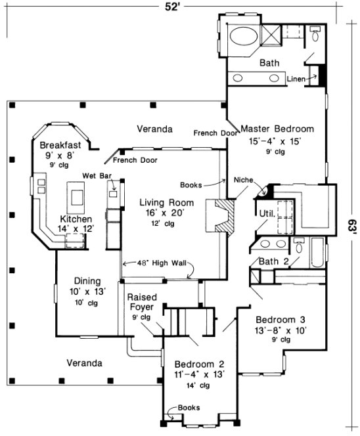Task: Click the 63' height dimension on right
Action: (x=353, y=227)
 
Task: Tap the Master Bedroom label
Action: (x=277, y=129)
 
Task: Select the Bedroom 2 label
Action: (x=200, y=364)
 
